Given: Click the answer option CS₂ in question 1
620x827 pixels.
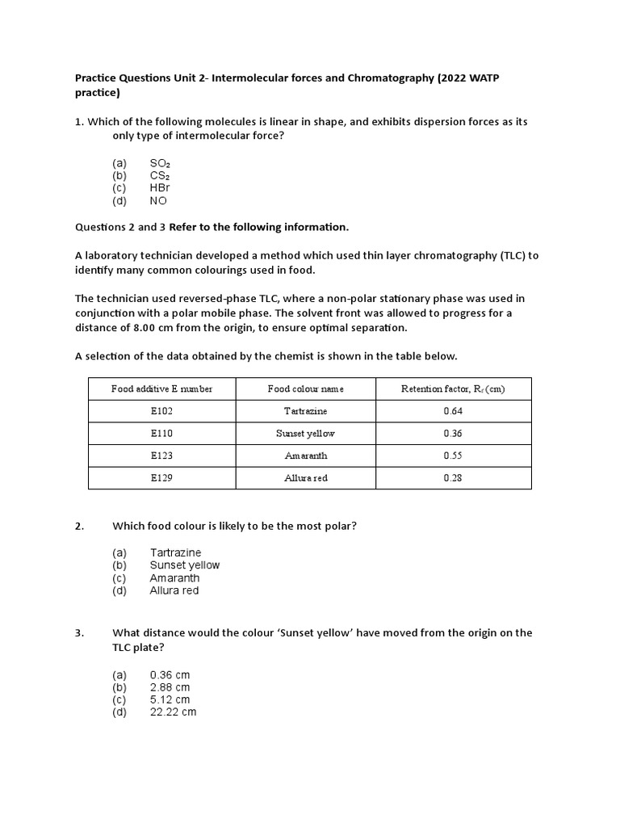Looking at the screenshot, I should coord(159,175).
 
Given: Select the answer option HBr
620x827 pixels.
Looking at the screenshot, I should coord(160,188).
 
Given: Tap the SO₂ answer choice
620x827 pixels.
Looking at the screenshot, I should coord(160,163).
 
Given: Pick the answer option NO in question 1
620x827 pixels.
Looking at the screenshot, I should coord(158,201).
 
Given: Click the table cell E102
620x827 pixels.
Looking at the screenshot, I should coord(161,411).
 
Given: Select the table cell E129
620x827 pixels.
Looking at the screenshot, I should coord(161,478).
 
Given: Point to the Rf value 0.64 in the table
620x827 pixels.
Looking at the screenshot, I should coord(453,411).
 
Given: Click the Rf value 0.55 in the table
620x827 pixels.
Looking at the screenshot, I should coord(453,455).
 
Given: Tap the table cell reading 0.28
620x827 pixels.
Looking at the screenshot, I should coord(453,478).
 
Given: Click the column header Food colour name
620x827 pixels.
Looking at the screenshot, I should coord(305,389).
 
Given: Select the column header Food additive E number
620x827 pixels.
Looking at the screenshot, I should coord(161,389).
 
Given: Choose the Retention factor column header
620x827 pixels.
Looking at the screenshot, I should coord(453,389).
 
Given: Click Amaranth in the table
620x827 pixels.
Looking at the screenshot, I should coord(305,455).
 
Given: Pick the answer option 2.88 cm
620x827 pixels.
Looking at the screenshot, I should coord(170,687).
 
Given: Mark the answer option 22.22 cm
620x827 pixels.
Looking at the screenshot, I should coord(173,712).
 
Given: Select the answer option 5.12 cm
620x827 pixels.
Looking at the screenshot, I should coord(170,699).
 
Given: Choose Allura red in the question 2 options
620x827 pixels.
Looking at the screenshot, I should coord(174,590).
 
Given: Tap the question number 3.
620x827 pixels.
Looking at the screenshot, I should coord(79,633).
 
